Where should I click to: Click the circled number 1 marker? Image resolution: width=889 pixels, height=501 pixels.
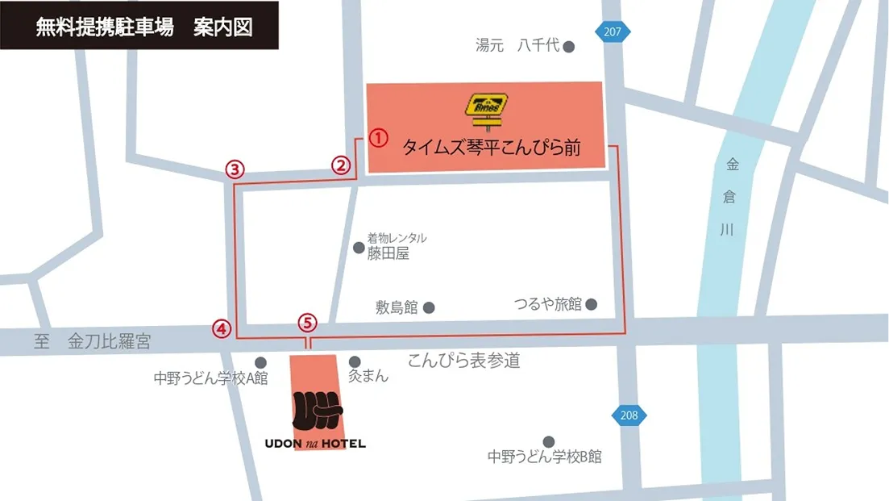pos(379,137)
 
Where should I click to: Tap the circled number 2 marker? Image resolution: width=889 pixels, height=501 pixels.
pos(342,165)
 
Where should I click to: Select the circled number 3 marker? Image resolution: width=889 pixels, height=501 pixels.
pos(235,169)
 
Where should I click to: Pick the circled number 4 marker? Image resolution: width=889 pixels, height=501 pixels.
pos(222,328)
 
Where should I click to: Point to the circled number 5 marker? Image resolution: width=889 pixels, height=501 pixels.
pos(308,323)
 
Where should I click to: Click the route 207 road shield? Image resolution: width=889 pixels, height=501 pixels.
pos(613,32)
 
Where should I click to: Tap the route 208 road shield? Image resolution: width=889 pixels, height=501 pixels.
pos(629,415)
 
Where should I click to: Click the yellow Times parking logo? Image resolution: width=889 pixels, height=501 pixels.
pos(485,110)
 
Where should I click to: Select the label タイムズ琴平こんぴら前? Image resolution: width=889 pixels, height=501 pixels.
pos(492,148)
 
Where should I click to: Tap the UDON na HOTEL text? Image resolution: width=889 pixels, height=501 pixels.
pos(315,443)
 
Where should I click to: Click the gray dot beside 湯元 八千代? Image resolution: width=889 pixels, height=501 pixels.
pos(569,47)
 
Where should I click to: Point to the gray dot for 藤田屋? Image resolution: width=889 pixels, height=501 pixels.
pos(359,247)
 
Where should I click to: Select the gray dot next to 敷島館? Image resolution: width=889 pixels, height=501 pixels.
pos(429,307)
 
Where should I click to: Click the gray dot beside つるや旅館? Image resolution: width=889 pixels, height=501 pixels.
pos(592,304)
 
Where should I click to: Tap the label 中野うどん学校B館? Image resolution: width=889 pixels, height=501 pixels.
pos(545,457)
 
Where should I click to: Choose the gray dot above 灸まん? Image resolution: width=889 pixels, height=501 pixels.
pos(355,362)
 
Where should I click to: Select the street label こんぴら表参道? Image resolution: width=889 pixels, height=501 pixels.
pos(464,361)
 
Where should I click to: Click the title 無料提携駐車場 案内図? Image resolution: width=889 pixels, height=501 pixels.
pos(144,27)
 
